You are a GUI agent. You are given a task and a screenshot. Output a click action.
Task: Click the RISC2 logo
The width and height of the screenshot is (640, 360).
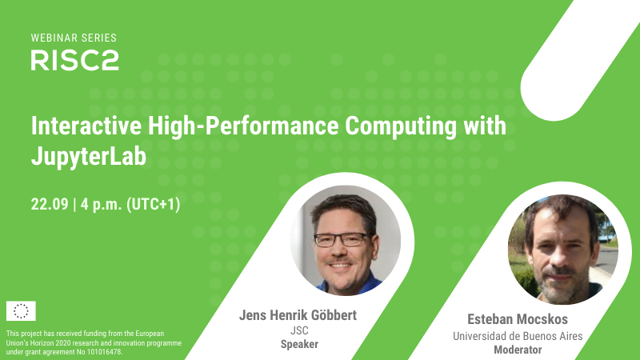74,61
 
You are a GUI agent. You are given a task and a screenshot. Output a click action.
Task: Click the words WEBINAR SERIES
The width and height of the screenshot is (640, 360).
74,38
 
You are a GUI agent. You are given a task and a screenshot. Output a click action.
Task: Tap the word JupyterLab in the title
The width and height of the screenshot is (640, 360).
89,157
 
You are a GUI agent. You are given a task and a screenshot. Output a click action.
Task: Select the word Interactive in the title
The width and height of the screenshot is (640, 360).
86,126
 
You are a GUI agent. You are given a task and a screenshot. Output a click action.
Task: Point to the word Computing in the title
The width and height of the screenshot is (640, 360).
401,126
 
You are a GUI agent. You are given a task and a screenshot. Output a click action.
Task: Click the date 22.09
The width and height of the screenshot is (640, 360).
50,204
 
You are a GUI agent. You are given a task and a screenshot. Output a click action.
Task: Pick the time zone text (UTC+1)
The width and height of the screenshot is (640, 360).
153,204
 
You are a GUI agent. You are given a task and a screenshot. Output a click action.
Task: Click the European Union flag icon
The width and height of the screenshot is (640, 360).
21,311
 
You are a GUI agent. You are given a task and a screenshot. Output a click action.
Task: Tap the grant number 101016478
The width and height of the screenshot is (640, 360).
105,352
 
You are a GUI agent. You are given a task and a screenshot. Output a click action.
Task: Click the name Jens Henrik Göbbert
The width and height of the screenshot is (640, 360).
298,315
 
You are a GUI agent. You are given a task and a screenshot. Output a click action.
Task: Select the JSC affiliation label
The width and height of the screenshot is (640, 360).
299,330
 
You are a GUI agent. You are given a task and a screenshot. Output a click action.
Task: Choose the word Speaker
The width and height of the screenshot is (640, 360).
299,344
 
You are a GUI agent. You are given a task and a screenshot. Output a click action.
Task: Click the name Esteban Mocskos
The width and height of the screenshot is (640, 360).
518,319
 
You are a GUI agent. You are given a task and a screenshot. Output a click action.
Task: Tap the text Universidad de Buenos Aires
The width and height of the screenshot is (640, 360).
518,336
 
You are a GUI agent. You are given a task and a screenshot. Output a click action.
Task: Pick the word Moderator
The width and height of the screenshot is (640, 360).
518,350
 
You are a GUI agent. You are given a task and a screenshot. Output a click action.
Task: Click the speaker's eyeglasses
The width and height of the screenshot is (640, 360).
342,239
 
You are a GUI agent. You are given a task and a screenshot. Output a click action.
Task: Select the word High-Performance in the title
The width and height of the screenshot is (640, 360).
243,126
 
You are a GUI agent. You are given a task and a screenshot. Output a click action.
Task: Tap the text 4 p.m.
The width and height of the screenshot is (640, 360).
102,204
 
